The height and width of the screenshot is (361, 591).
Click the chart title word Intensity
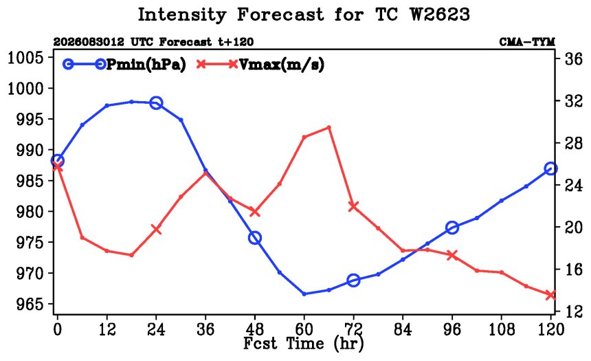tap(181, 14)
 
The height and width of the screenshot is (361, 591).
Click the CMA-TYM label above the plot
tap(527, 41)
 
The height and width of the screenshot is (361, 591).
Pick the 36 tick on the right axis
tap(573, 59)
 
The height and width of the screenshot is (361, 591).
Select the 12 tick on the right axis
tap(573, 311)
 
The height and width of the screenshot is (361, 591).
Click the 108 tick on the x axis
tap(501, 329)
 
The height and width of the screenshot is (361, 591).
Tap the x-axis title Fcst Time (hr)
tap(304, 344)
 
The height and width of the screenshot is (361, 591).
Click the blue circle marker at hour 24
tap(156, 102)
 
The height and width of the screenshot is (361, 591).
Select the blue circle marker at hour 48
tap(255, 238)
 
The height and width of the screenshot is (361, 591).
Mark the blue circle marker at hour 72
tap(353, 281)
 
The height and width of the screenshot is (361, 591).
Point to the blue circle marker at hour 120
tap(550, 168)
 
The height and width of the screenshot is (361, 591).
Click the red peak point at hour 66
tap(328, 127)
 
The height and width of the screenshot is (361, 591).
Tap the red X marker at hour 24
tap(156, 229)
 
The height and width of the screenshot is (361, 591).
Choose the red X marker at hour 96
tap(452, 255)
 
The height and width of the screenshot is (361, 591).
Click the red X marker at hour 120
tap(550, 295)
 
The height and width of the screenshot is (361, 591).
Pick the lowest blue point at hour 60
tap(304, 294)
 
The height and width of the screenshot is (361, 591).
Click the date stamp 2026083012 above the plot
tap(89, 41)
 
